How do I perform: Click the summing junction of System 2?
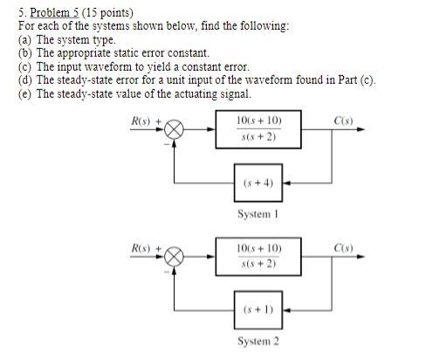point(176,258)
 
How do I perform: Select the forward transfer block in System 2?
point(258,257)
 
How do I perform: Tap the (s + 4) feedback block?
point(258,183)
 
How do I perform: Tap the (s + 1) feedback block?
point(258,309)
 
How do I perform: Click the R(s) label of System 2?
point(143,247)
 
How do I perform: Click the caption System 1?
point(258,214)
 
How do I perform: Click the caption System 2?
point(258,341)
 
